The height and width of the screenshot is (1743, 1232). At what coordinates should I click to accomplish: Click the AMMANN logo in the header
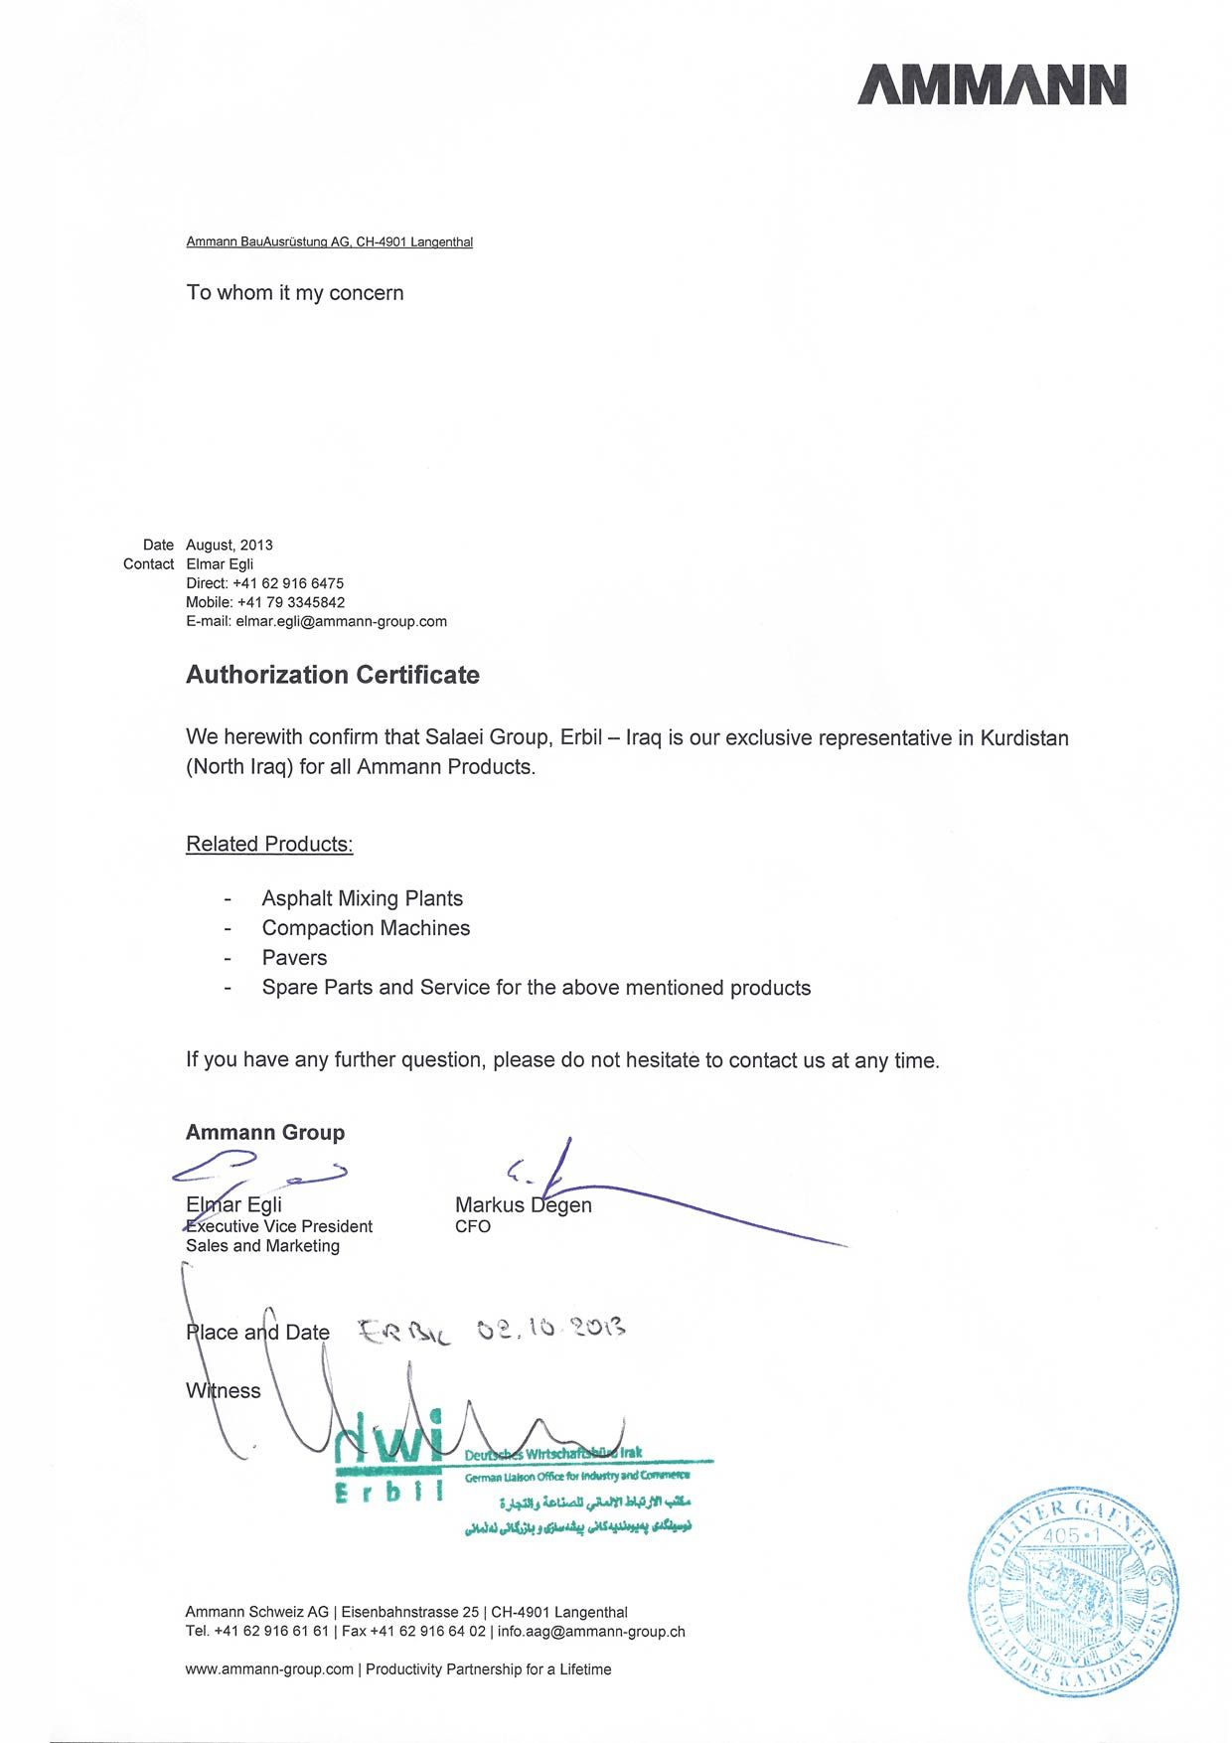click(x=992, y=84)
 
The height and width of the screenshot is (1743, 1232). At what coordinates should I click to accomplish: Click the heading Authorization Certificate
click(x=333, y=675)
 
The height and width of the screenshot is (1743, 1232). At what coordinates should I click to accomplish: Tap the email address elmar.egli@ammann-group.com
click(x=341, y=621)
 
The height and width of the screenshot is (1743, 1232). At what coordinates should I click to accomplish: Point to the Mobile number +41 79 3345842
click(x=291, y=602)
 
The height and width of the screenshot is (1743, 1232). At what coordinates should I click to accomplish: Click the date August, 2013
click(x=229, y=545)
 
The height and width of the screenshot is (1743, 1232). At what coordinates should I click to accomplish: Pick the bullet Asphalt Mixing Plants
click(x=362, y=898)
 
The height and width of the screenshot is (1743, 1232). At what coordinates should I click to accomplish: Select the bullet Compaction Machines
click(x=366, y=928)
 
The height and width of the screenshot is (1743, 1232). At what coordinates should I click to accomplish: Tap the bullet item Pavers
click(x=294, y=958)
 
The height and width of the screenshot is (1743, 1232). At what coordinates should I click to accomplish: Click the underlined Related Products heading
click(x=269, y=844)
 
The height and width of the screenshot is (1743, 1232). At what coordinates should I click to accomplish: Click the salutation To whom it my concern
click(x=295, y=292)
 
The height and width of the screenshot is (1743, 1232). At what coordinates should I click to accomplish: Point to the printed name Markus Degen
click(x=523, y=1204)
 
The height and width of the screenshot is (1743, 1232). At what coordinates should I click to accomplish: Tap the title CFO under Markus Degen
click(x=473, y=1226)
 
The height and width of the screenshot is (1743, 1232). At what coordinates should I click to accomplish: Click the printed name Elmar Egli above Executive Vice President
click(x=233, y=1204)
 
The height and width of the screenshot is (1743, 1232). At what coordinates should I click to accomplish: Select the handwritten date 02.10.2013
click(x=550, y=1328)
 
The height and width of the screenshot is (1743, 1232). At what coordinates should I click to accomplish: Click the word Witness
click(x=224, y=1390)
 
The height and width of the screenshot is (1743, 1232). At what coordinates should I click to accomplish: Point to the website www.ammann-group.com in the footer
click(x=269, y=1669)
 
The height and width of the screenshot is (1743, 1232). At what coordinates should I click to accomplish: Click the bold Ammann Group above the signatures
click(x=265, y=1132)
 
